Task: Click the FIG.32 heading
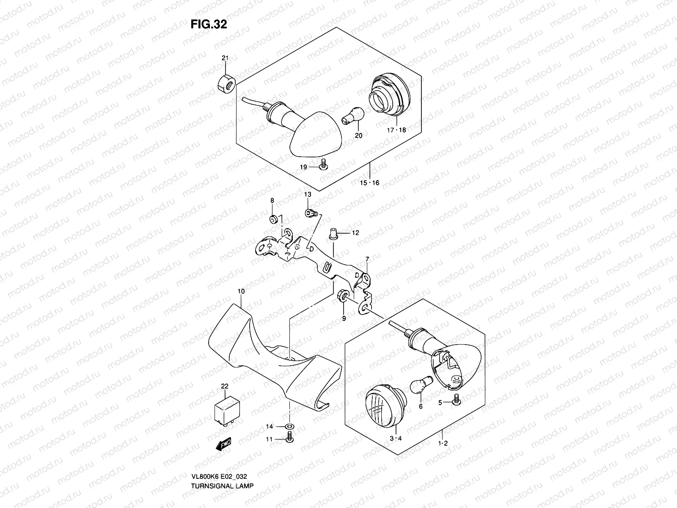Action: tap(209, 24)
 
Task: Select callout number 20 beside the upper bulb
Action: tap(359, 136)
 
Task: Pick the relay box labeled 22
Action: tap(227, 410)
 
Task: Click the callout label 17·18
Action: tap(396, 130)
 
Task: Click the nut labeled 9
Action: tap(343, 295)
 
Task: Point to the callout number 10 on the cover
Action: tap(241, 291)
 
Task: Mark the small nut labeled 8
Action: tap(273, 219)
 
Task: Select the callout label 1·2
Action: tap(443, 455)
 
